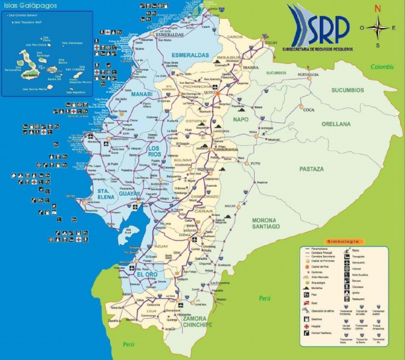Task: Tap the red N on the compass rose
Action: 378,8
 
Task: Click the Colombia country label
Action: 382,67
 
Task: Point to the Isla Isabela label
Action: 30,75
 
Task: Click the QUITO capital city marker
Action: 217,93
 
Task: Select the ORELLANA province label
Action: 337,124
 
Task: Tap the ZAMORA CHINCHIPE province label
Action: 197,321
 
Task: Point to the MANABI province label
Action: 141,94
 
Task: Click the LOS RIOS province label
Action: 154,152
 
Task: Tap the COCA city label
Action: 309,110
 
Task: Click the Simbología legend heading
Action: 343,242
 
